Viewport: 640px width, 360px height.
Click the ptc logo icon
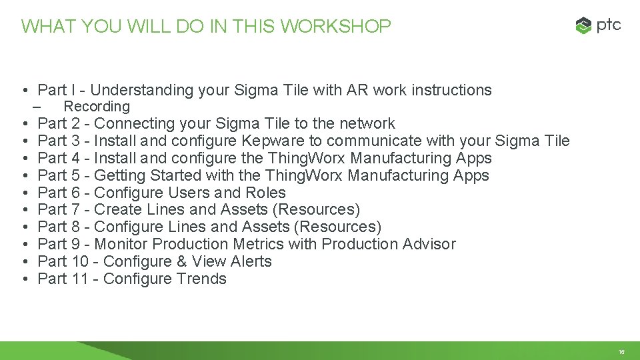tap(583, 26)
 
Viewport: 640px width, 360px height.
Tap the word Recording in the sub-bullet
tap(97, 107)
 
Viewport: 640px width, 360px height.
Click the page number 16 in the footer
tap(621, 352)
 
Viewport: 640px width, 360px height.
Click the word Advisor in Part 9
tap(429, 245)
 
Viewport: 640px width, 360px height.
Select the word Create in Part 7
tap(117, 210)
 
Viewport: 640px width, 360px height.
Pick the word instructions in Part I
tap(451, 90)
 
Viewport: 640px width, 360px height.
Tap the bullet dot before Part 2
tap(23, 124)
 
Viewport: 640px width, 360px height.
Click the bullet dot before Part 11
tap(23, 280)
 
